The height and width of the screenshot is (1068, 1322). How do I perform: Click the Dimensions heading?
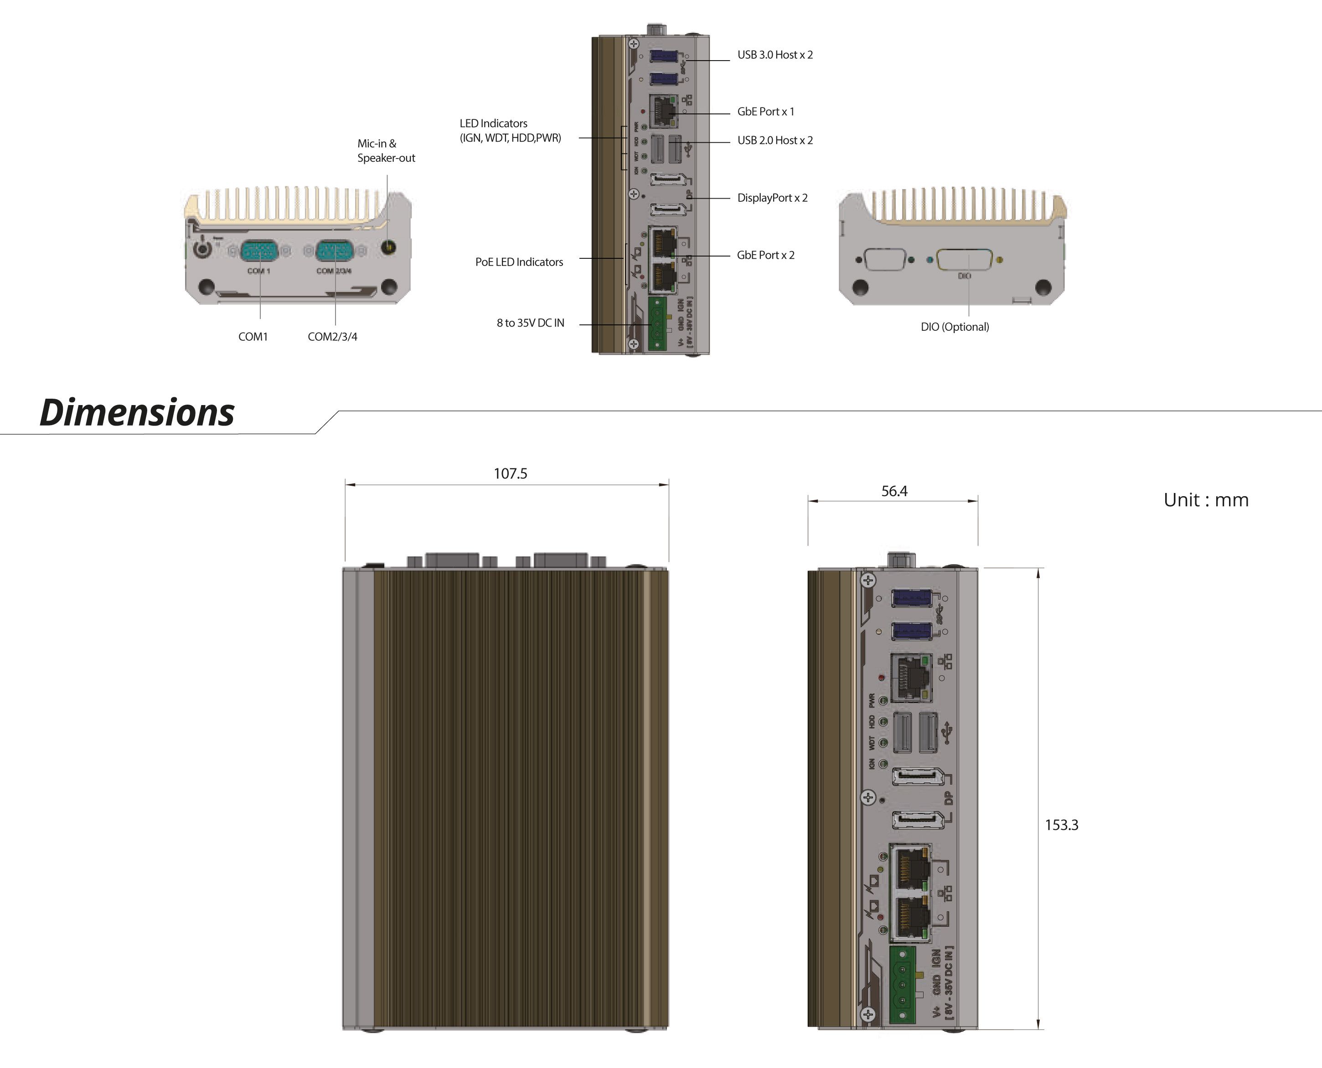[137, 412]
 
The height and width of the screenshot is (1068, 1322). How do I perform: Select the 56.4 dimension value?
[893, 491]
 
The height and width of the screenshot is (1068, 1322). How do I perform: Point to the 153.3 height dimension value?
[1061, 825]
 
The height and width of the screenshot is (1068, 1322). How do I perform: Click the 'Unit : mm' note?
[1206, 499]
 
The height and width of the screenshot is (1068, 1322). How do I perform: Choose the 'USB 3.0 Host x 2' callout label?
[775, 55]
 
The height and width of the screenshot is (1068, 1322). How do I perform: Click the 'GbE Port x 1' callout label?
[766, 111]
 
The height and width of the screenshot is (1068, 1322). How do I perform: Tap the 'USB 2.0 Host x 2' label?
[775, 140]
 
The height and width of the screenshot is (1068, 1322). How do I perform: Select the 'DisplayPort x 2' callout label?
[772, 197]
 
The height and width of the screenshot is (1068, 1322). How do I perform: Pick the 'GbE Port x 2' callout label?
[766, 255]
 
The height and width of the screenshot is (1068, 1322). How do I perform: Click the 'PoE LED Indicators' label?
[519, 262]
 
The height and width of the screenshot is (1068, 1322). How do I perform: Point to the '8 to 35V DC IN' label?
[530, 323]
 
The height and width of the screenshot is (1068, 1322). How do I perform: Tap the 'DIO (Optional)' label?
[955, 327]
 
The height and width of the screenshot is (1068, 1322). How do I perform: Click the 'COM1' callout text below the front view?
[253, 337]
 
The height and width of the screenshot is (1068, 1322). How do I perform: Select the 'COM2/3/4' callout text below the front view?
[332, 337]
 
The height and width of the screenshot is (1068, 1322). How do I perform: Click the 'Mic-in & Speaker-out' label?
[386, 151]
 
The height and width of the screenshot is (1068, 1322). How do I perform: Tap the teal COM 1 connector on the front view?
[258, 251]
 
